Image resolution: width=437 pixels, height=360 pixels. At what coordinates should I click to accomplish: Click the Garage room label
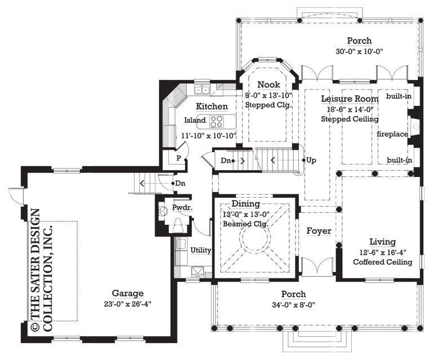pos(127,293)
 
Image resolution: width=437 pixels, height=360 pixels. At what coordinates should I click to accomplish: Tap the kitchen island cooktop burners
pos(216,121)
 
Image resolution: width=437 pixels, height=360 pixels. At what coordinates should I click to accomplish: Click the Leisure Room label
pos(350,99)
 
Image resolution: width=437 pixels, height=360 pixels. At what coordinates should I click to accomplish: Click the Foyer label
pos(319,231)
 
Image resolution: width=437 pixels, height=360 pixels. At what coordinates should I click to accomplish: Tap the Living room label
pos(382,242)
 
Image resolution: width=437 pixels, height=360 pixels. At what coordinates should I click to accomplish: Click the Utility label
pos(201,250)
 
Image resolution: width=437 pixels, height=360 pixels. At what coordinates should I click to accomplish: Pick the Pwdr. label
pos(182,207)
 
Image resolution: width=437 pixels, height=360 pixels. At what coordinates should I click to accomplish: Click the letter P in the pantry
pos(178,158)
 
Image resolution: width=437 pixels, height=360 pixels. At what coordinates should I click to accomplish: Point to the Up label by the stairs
pos(311,160)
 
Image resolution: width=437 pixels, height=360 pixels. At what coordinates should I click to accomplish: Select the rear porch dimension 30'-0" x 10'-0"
pos(359,51)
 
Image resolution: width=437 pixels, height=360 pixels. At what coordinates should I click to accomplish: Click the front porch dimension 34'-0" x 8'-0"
pos(294,304)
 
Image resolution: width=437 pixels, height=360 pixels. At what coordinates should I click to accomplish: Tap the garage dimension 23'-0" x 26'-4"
pos(127,303)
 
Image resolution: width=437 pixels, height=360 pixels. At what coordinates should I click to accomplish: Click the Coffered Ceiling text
pos(382,262)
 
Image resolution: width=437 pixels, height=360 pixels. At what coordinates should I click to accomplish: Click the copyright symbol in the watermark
pos(34,327)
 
